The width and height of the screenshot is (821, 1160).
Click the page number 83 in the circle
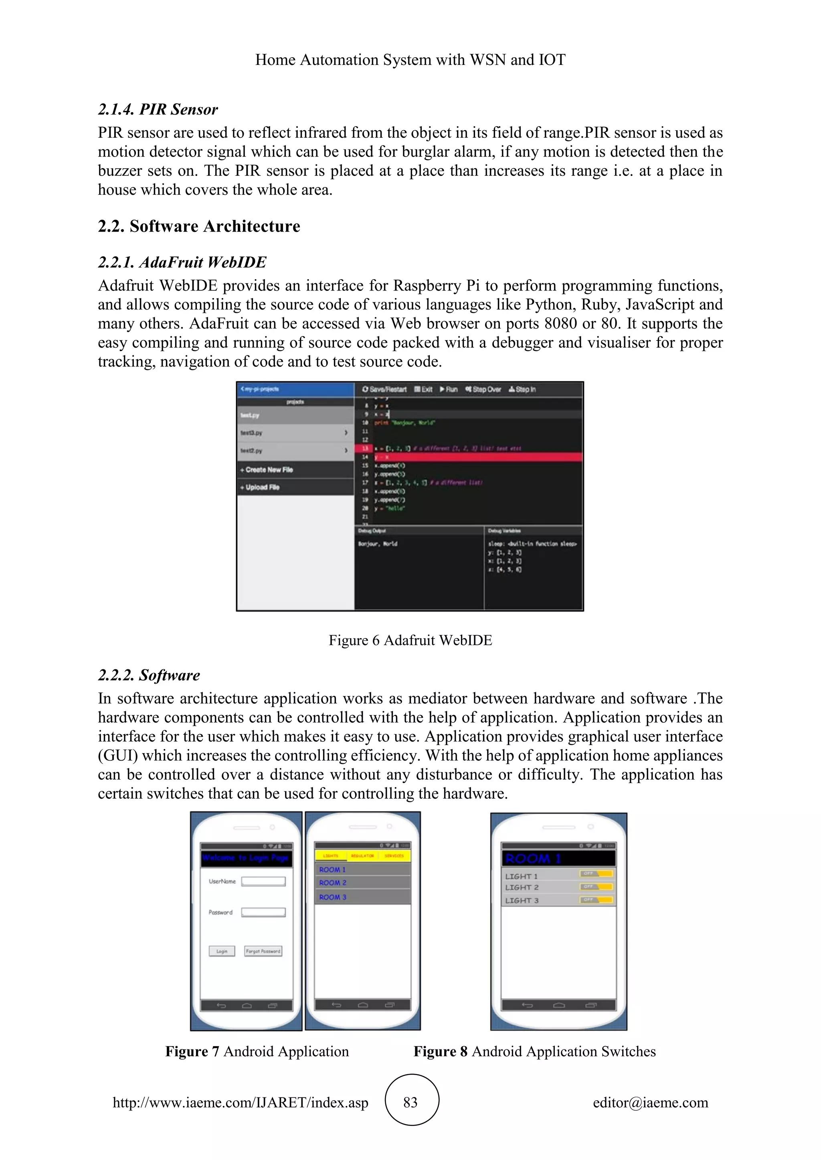410,1102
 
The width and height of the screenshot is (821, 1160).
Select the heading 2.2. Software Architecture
199,226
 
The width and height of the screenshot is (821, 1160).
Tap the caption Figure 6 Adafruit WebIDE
410,640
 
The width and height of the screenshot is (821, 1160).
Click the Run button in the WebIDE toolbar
449,389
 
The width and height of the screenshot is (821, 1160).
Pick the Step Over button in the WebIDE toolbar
483,389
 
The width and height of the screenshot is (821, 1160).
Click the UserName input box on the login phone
263,881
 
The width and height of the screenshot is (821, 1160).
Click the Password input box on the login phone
263,912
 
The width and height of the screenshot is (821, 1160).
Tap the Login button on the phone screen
222,951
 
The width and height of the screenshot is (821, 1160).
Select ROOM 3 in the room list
333,897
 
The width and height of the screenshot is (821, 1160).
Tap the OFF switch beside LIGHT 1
597,874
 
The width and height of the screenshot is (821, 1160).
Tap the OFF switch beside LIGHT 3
597,900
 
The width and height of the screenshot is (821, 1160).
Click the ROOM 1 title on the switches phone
533,858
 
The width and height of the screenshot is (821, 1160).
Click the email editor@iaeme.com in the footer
650,1102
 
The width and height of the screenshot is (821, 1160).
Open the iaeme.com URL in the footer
240,1102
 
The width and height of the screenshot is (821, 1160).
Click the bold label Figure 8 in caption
440,1051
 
